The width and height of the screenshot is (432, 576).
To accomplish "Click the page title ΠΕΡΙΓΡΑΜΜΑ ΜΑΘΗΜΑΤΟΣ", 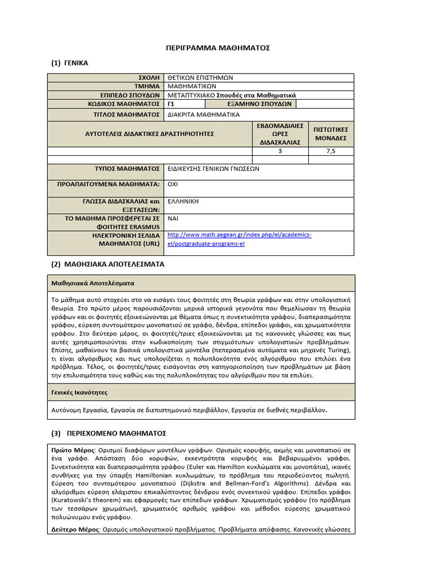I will pyautogui.click(x=218, y=48).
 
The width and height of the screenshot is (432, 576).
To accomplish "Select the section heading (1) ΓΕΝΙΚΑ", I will pyautogui.click(x=69, y=62).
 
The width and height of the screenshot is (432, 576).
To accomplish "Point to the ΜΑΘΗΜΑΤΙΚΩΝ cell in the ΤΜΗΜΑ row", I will pyautogui.click(x=192, y=87).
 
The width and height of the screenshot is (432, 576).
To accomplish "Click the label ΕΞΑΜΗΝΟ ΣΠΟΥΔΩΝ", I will pyautogui.click(x=251, y=104).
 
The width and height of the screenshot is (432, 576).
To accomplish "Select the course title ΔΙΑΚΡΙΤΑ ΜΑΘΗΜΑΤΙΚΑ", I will pyautogui.click(x=204, y=114).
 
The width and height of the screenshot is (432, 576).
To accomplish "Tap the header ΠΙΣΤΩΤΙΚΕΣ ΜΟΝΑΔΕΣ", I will pyautogui.click(x=331, y=133).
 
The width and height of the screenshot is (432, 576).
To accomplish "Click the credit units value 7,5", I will pyautogui.click(x=331, y=151).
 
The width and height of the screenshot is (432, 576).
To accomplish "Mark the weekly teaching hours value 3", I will pyautogui.click(x=281, y=151).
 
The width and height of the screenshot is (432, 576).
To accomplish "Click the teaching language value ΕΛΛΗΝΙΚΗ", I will pyautogui.click(x=183, y=201).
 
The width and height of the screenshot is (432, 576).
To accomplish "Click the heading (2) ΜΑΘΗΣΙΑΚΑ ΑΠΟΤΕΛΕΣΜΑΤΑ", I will pyautogui.click(x=108, y=263).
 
